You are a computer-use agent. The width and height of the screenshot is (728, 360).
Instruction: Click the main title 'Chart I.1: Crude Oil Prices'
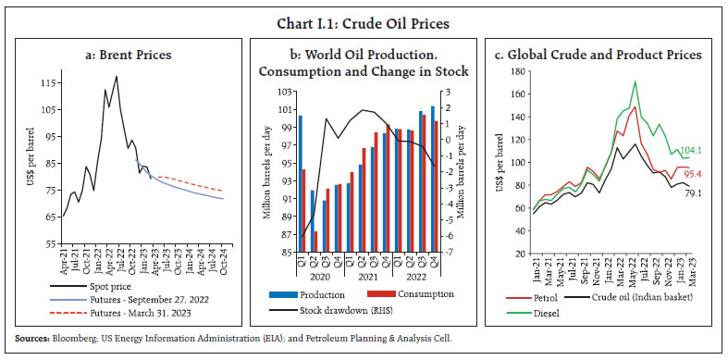pyautogui.click(x=364, y=13)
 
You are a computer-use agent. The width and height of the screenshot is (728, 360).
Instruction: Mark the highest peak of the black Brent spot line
pyautogui.click(x=116, y=77)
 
